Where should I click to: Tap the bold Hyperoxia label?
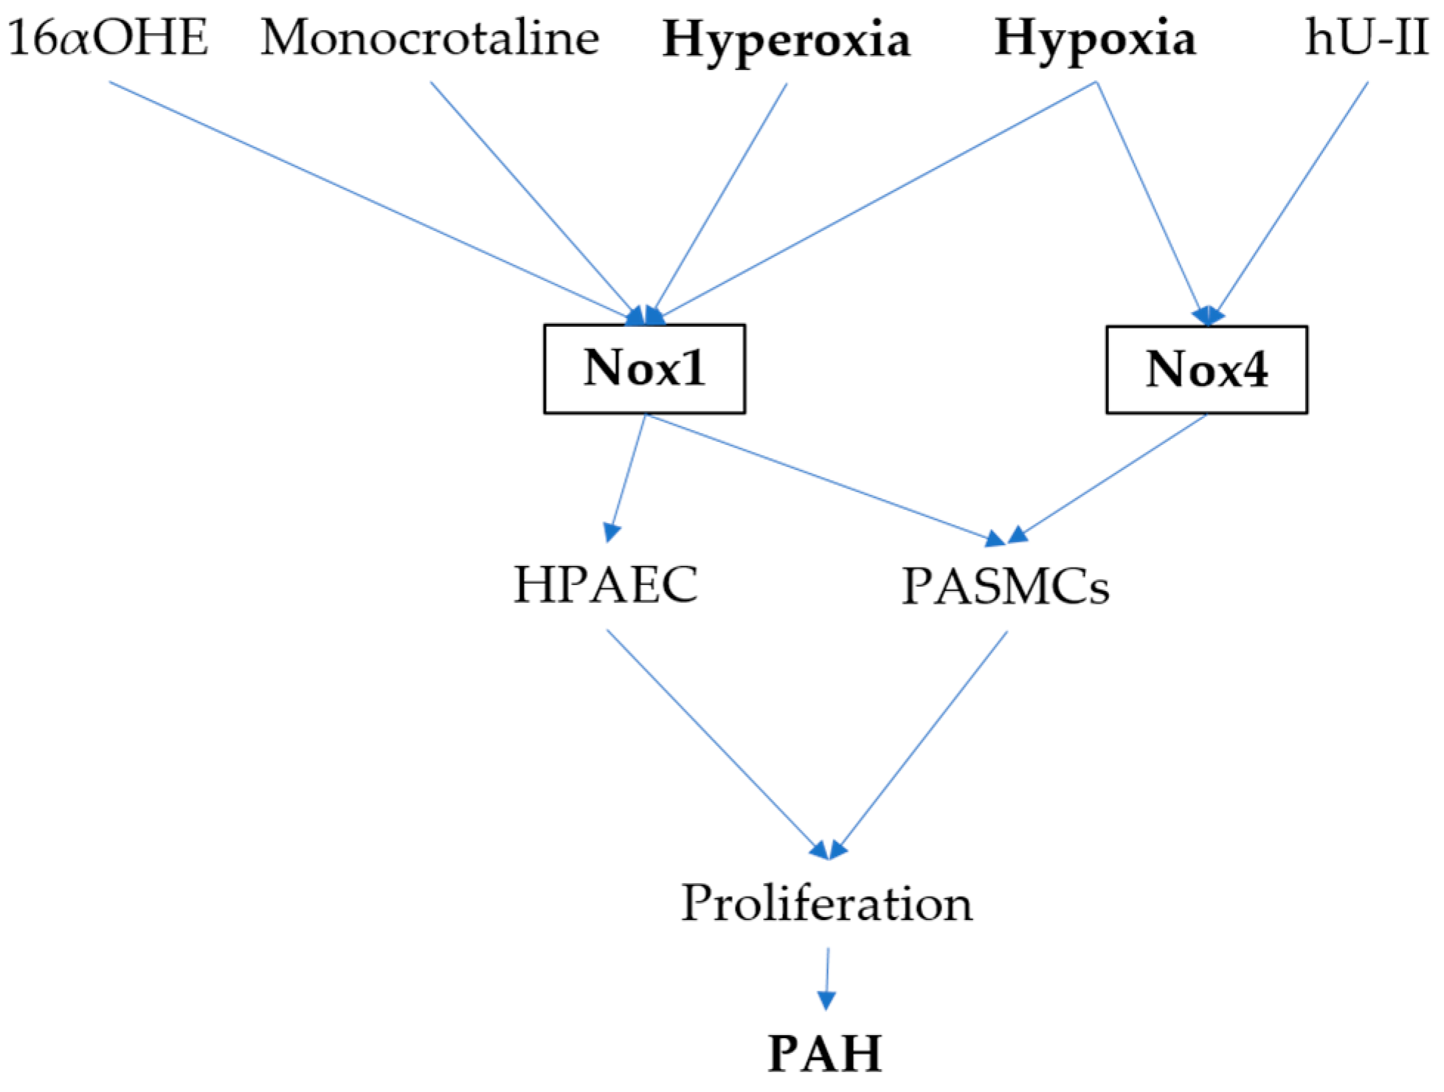787,40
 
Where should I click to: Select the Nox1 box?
644,368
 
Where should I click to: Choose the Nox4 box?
1206,369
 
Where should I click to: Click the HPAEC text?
606,585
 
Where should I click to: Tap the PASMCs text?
1006,587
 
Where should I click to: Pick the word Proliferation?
826,903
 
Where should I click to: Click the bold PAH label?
825,1053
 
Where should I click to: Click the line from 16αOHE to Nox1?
369,199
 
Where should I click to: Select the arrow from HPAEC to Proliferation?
716,742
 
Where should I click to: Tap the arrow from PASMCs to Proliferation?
922,742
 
